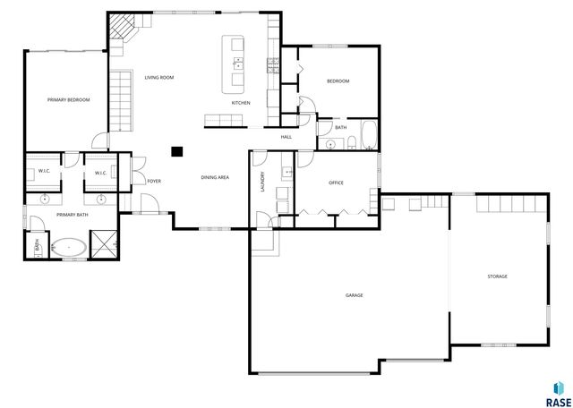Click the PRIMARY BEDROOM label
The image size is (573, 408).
(x=69, y=99)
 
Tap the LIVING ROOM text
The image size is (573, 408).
(x=159, y=78)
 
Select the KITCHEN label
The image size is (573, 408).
(x=241, y=103)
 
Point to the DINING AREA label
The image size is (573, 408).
(x=215, y=177)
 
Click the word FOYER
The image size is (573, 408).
(x=154, y=181)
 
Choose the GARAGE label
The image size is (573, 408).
(x=355, y=294)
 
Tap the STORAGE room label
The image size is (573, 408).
(x=497, y=276)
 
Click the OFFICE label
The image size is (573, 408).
(x=337, y=183)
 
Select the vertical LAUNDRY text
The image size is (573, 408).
(x=262, y=183)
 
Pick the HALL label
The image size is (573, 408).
(x=286, y=137)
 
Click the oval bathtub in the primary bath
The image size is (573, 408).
(x=68, y=247)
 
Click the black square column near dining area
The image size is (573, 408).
(x=177, y=151)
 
